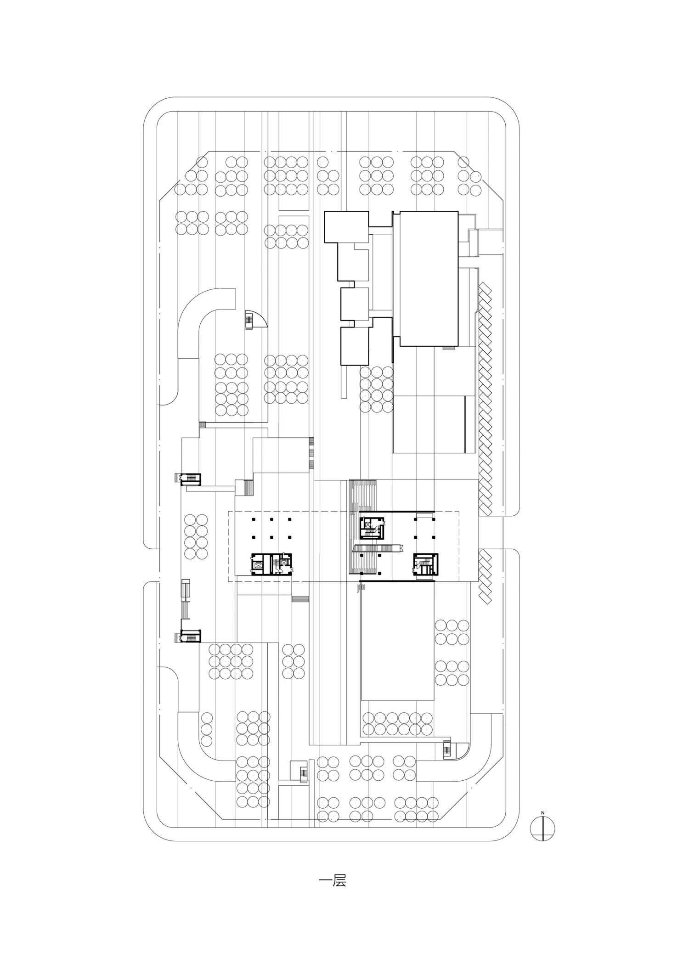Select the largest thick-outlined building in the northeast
point(429,278)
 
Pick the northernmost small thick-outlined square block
point(347,227)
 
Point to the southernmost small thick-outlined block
point(355,346)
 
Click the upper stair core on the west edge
point(188,479)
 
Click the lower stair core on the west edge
point(188,637)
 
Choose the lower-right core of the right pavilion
point(425,564)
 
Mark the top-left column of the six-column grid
point(253,519)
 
